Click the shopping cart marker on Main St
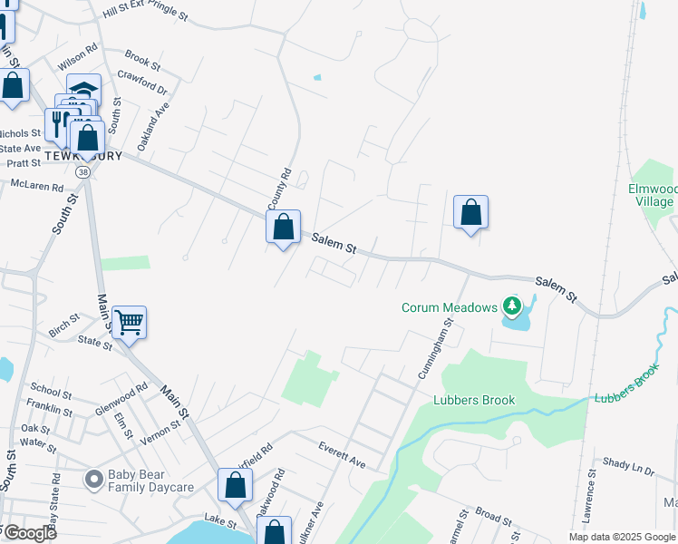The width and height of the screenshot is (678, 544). pyautogui.click(x=129, y=321)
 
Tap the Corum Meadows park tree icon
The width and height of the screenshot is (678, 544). pyautogui.click(x=512, y=306)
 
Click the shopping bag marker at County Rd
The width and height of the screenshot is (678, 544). pyautogui.click(x=283, y=226)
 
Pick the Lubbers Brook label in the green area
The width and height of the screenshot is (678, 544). pyautogui.click(x=474, y=400)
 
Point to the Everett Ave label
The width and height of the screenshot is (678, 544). pyautogui.click(x=342, y=454)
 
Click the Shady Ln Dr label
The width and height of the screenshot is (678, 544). pyautogui.click(x=629, y=465)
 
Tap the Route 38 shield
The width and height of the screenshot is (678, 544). pyautogui.click(x=83, y=170)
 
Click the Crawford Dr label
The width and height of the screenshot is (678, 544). pyautogui.click(x=143, y=83)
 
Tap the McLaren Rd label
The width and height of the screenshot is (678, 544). pyautogui.click(x=36, y=187)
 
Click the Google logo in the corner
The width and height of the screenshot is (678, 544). pyautogui.click(x=29, y=533)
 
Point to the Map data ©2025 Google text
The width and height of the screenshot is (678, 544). pyautogui.click(x=621, y=537)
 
